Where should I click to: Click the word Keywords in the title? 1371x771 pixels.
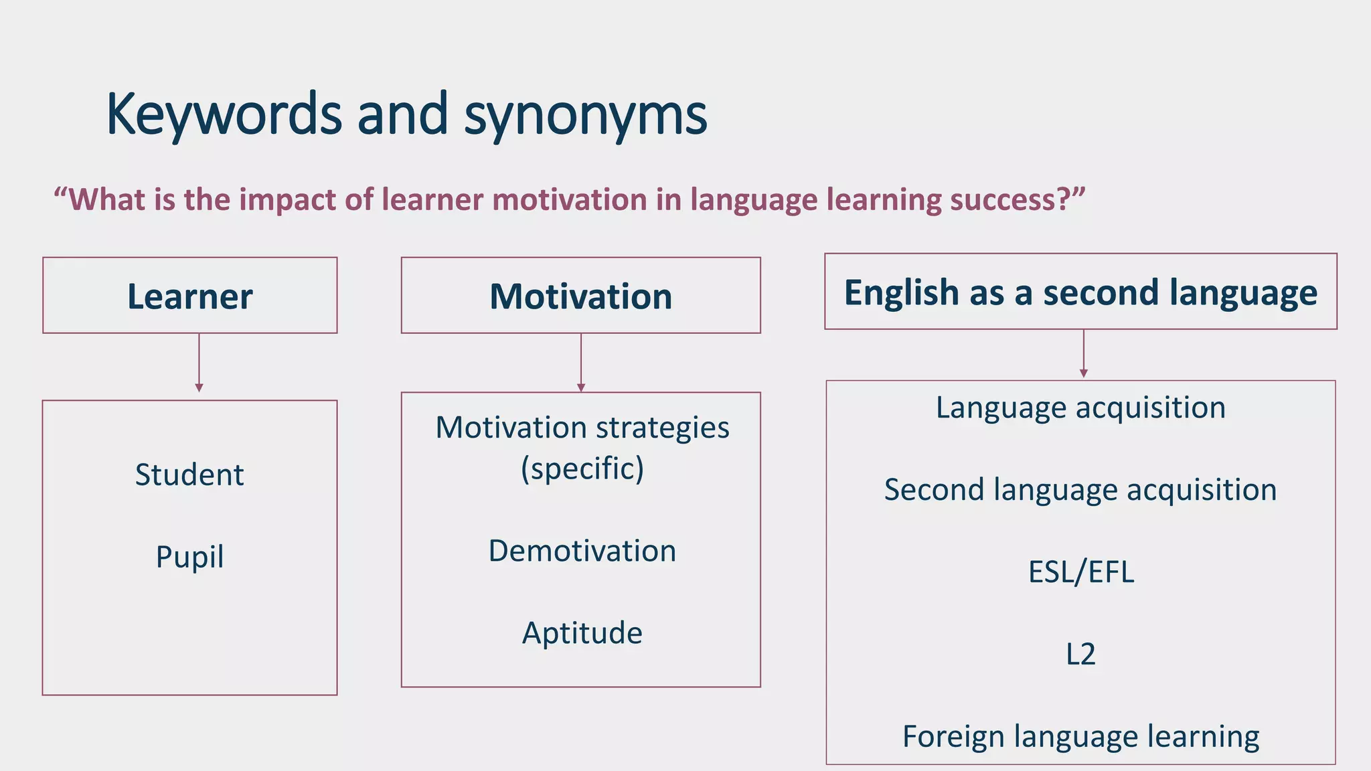(x=224, y=115)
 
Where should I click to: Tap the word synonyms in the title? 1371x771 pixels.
(x=585, y=115)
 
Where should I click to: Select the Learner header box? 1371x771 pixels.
(x=190, y=296)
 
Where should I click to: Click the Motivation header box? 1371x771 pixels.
(x=580, y=296)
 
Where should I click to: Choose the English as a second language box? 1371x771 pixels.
(x=1080, y=292)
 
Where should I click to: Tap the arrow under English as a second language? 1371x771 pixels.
(x=1084, y=354)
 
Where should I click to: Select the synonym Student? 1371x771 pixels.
(x=189, y=475)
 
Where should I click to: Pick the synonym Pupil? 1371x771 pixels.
(x=189, y=557)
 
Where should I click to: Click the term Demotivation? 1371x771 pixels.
(x=582, y=551)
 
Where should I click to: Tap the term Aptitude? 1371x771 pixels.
(x=582, y=633)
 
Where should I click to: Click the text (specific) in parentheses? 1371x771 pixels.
(x=582, y=468)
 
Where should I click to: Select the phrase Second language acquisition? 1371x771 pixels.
(x=1080, y=490)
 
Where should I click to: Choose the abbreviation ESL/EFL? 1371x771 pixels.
(x=1081, y=572)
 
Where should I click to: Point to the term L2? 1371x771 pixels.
(x=1080, y=654)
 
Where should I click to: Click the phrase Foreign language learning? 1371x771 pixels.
(x=1080, y=736)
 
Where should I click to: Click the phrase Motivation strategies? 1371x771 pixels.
(x=582, y=428)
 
